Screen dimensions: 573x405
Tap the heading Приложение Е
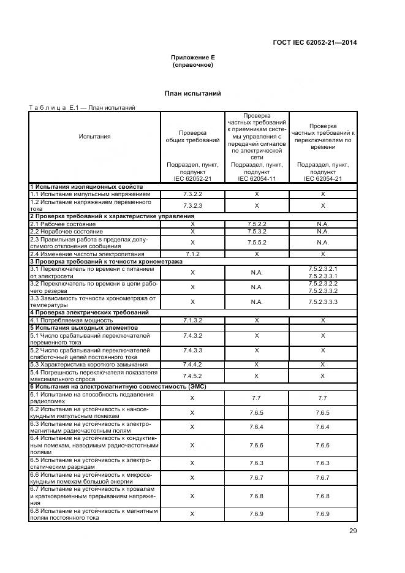coord(192,57)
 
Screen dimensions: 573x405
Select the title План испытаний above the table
coord(192,93)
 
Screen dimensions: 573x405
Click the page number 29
coord(353,531)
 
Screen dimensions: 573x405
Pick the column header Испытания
coord(94,137)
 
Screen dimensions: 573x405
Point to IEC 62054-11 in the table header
coord(257,178)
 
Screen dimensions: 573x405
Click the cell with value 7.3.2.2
coord(192,194)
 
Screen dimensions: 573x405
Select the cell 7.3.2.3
coord(192,205)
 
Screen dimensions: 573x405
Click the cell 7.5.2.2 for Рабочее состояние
coord(257,224)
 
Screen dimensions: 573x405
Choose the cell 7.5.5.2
coord(257,243)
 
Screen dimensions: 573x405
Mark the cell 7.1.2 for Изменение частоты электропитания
coord(192,254)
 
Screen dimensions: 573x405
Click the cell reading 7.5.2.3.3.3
coord(323,302)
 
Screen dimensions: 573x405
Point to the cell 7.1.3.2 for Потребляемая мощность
coord(192,320)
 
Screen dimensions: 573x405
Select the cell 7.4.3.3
coord(192,351)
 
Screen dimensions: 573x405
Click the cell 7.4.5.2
coord(192,376)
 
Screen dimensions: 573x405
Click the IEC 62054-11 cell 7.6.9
coord(257,514)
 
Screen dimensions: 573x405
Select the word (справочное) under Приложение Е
coord(192,64)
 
